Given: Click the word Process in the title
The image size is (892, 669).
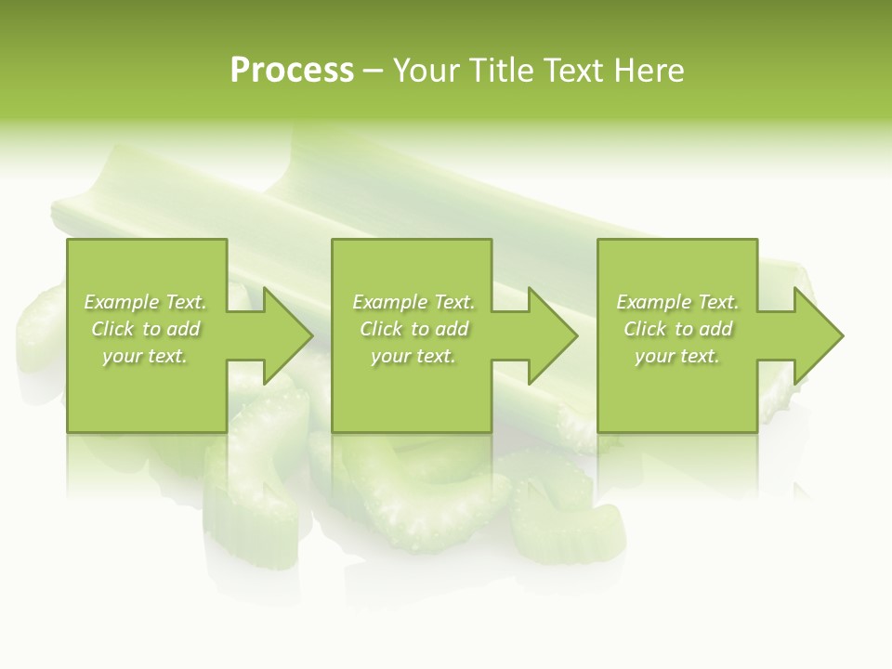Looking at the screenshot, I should click(292, 71).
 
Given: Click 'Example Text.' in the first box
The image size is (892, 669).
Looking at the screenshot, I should click(145, 302).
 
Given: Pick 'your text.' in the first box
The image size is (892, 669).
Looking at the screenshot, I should click(145, 356).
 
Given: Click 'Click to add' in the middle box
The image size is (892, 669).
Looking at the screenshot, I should click(413, 329).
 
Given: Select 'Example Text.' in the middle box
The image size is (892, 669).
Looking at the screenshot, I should click(413, 302).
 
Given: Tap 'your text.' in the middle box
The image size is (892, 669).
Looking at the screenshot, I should click(413, 356).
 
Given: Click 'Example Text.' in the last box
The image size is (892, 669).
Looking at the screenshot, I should click(677, 302).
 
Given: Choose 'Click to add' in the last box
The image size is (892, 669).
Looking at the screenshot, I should click(677, 329).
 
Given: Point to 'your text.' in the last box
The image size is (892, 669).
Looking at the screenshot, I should click(677, 356).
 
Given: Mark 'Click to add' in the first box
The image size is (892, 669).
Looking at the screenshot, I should click(145, 329).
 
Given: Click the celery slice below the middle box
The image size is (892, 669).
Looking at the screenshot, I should click(418, 492).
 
